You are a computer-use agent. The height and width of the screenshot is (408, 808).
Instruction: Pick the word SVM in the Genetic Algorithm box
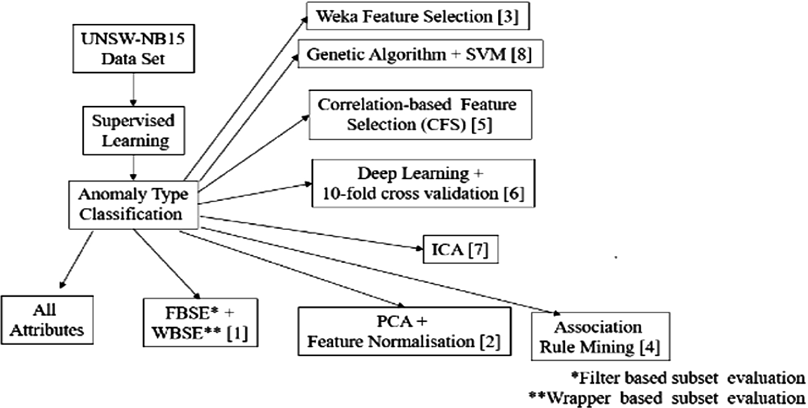tap(484, 56)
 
